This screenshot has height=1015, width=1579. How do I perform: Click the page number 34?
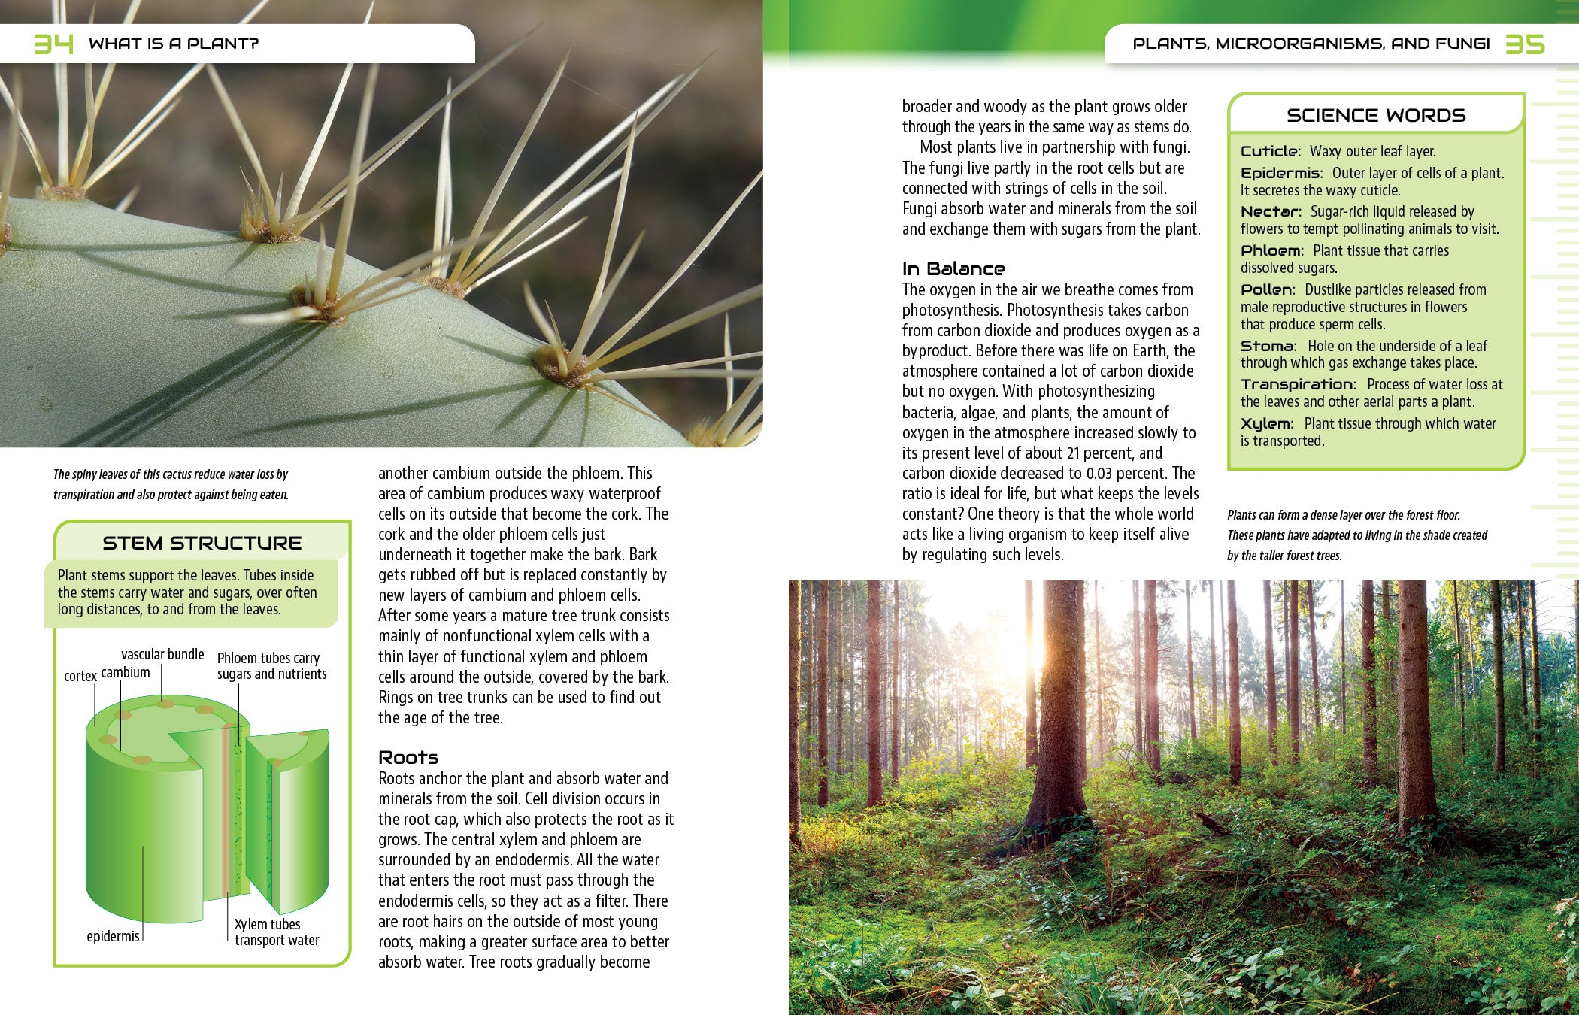point(53,44)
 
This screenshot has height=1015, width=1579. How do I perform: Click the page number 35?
point(1525,44)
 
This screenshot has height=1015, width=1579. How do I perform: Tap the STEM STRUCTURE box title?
point(202,543)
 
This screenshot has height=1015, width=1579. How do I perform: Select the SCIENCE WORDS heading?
point(1376,115)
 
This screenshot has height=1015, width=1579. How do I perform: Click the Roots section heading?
point(408,757)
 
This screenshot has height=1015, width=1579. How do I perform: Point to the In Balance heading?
point(953,268)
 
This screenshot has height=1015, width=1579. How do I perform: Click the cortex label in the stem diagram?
point(80,676)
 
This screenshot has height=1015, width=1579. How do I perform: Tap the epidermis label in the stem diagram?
point(113,936)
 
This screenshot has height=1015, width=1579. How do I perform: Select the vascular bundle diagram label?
point(162,654)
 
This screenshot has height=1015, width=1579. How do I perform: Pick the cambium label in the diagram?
point(126,672)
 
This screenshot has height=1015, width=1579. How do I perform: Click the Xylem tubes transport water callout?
point(276,932)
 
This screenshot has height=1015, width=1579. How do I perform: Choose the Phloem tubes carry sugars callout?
point(271,666)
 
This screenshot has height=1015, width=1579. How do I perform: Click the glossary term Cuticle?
point(1268,151)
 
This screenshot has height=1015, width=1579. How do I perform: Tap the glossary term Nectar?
point(1269,211)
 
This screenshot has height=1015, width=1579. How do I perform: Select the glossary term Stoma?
point(1267,346)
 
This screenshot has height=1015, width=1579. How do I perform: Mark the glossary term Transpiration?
point(1297,384)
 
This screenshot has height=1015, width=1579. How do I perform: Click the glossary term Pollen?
point(1267,289)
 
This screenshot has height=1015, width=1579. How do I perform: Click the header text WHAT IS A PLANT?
point(173,44)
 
